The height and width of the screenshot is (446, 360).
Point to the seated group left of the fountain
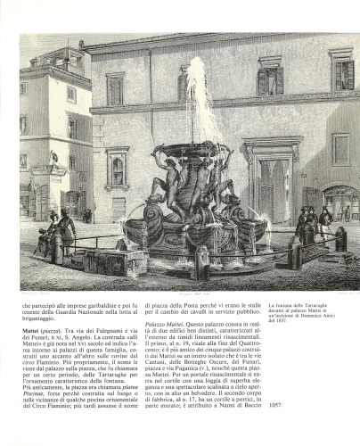pos(57,233)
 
